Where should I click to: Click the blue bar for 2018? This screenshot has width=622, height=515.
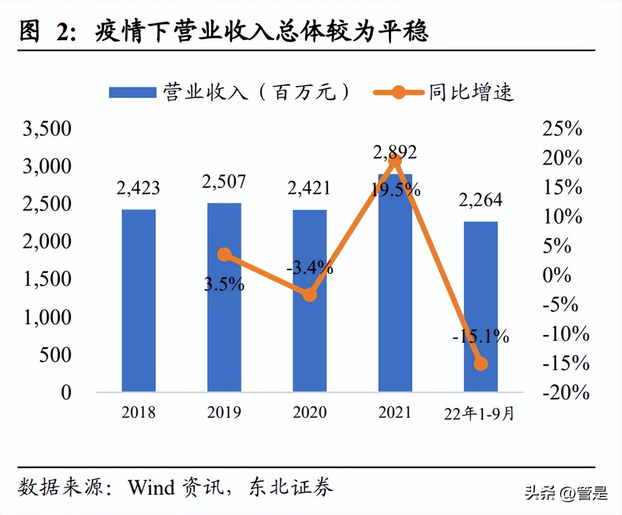139,300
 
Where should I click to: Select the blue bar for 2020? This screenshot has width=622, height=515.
310,300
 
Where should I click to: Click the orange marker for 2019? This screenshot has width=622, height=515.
224,254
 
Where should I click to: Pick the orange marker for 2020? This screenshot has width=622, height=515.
310,295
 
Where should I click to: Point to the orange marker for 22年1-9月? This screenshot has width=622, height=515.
480,363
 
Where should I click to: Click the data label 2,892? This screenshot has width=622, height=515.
395,152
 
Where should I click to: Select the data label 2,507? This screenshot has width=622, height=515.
224,182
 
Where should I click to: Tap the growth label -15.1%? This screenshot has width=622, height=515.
480,337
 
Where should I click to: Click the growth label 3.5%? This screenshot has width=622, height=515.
224,285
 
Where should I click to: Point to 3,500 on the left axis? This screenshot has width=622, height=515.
47,129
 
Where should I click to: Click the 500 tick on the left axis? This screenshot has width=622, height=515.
55,355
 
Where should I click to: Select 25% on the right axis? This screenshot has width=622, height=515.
562,129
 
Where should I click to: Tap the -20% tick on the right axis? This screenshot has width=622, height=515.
566,392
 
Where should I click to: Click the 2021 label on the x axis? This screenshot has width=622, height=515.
395,412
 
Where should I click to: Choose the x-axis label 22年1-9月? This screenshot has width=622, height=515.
480,414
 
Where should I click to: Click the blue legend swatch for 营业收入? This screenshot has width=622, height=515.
132,93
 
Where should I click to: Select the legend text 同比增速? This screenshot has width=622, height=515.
471,93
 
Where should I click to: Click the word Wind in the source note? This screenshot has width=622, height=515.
151,488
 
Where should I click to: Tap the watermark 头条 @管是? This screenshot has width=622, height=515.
566,493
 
